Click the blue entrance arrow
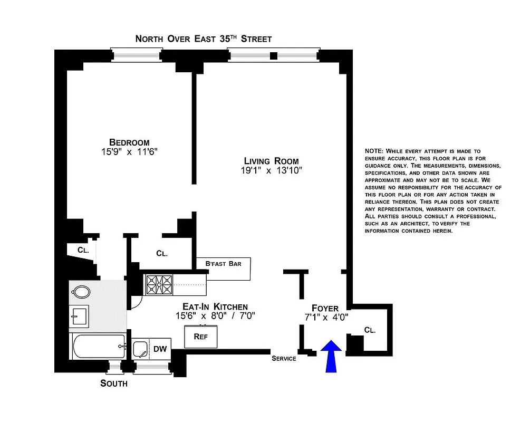tap(331, 357)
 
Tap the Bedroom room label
tap(129, 142)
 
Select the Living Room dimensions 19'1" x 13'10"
tap(271, 170)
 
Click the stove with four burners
tap(159, 285)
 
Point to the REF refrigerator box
tap(200, 337)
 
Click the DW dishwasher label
tap(160, 348)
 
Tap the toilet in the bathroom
tap(81, 292)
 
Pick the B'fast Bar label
tap(224, 263)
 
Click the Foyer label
tap(325, 308)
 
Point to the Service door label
tap(284, 359)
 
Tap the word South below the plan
tap(114, 383)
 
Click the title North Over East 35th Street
tap(204, 39)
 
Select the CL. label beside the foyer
tap(370, 330)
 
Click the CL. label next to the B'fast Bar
tap(162, 253)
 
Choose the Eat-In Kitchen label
tap(215, 306)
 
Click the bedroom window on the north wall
tap(136, 55)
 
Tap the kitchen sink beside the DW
tap(140, 349)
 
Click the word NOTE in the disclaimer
tap(375, 151)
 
